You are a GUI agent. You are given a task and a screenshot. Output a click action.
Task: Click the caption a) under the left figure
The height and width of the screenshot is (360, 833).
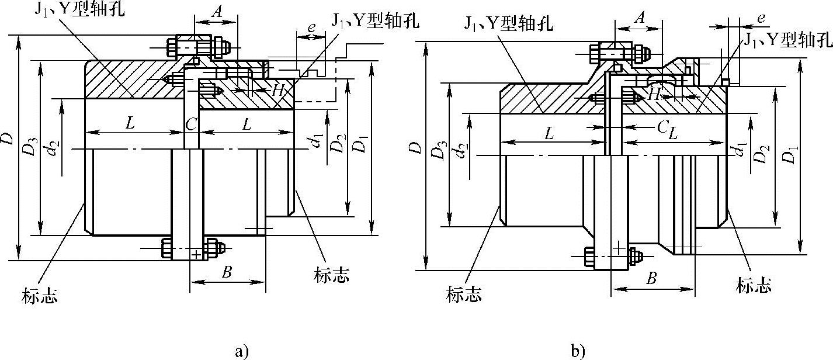tap(241, 351)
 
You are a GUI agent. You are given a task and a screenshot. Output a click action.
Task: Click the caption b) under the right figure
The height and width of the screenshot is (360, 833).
tap(578, 351)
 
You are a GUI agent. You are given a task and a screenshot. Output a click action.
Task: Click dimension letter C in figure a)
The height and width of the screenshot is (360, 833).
tap(191, 124)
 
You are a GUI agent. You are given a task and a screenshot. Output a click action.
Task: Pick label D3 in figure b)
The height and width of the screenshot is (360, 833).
tap(436, 153)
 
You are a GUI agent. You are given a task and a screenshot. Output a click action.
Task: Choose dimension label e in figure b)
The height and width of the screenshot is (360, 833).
tap(761, 18)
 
